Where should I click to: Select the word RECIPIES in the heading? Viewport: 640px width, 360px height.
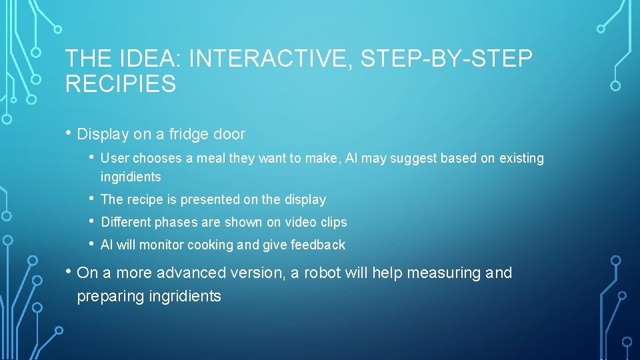tap(121, 85)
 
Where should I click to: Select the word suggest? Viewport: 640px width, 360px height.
tap(413, 159)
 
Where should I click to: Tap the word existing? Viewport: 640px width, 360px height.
tap(520, 159)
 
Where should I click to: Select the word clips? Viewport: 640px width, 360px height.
tap(333, 222)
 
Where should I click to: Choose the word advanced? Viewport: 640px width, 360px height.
tap(197, 273)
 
